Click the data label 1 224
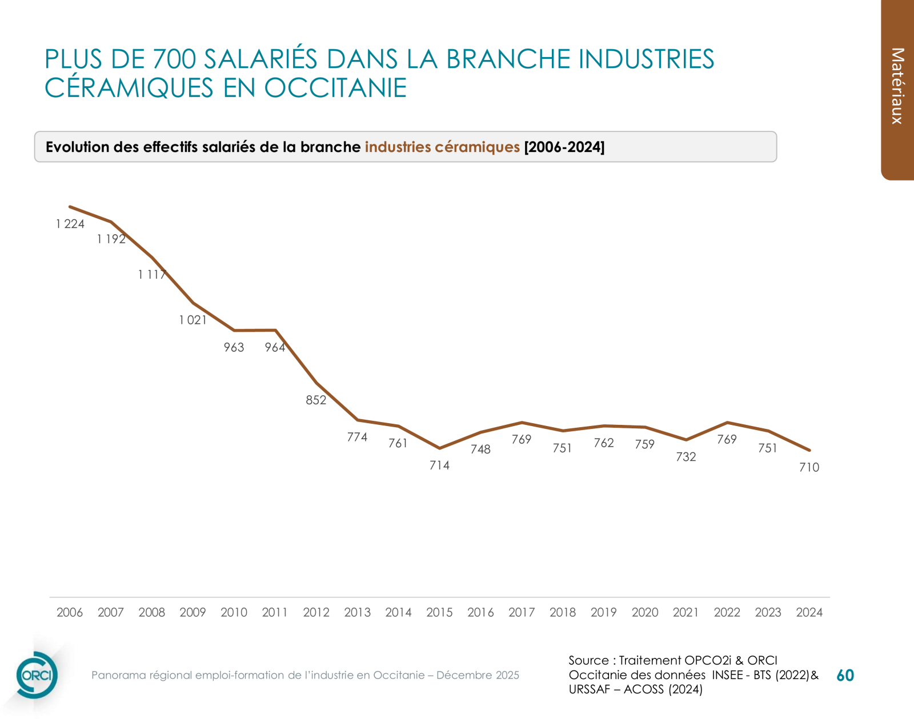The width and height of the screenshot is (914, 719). click(x=70, y=224)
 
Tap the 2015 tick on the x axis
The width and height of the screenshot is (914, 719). click(x=439, y=612)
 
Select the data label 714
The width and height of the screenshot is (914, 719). click(x=439, y=465)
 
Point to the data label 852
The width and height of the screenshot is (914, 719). click(x=316, y=400)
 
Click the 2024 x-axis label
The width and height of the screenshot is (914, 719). click(x=809, y=612)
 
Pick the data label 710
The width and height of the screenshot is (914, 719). click(x=809, y=468)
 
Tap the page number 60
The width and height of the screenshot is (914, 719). click(x=845, y=676)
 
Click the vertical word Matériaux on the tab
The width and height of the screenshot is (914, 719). click(x=897, y=86)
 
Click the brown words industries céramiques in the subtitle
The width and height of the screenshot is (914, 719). click(x=442, y=147)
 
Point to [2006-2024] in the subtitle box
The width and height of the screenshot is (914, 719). click(x=564, y=147)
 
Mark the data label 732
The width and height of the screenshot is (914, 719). click(x=685, y=457)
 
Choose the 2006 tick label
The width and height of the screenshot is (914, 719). click(x=70, y=612)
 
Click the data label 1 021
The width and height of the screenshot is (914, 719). click(x=193, y=320)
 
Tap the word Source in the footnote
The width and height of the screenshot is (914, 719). click(x=588, y=660)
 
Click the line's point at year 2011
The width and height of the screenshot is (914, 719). click(x=276, y=330)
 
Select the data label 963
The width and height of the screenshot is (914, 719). click(x=234, y=348)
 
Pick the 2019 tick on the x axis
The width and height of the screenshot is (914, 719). click(x=603, y=612)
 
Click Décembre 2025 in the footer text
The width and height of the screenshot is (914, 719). click(x=478, y=675)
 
